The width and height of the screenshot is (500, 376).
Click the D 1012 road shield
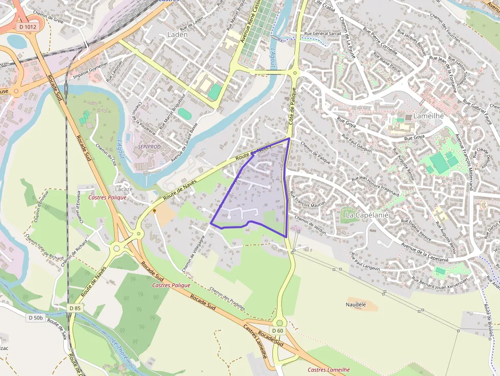(27, 26)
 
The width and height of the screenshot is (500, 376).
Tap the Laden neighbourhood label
(178, 35)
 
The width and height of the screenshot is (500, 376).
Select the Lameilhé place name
(429, 116)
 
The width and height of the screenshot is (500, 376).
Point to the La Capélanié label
(367, 215)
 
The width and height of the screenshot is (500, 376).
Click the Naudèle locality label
(356, 305)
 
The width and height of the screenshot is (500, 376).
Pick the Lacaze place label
(124, 189)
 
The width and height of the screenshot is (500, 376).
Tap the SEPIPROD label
(149, 146)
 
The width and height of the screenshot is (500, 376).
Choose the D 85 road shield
(74, 308)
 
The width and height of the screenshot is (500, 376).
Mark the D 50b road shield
(36, 317)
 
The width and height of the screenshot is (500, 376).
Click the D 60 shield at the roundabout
(277, 331)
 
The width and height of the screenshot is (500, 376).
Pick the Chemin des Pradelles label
(228, 298)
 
